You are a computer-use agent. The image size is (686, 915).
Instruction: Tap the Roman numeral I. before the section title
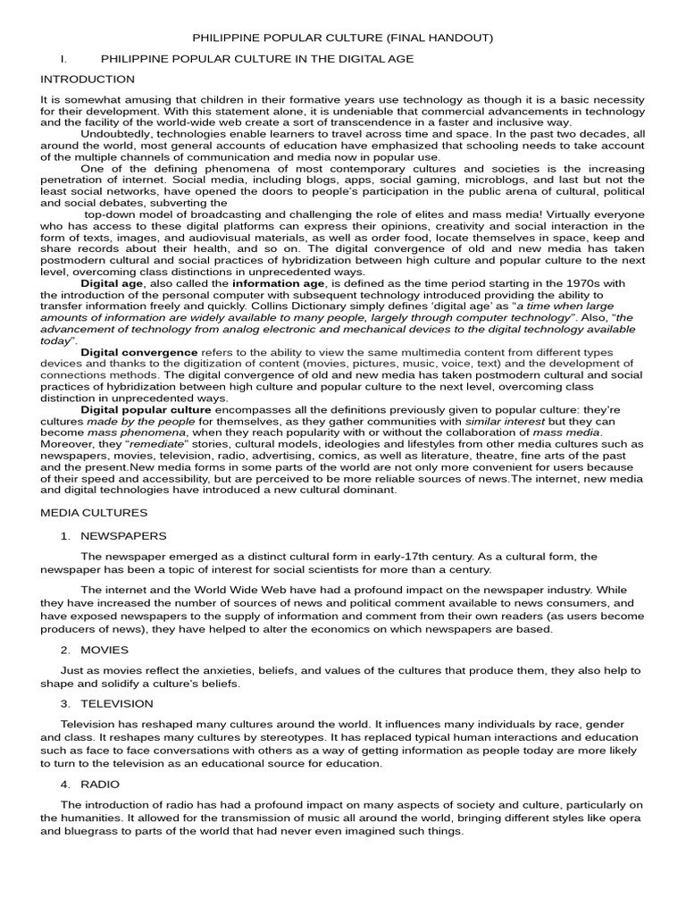click(x=63, y=59)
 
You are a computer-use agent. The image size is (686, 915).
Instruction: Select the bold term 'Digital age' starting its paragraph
click(x=112, y=283)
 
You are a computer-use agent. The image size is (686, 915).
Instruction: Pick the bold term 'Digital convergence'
click(x=138, y=353)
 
